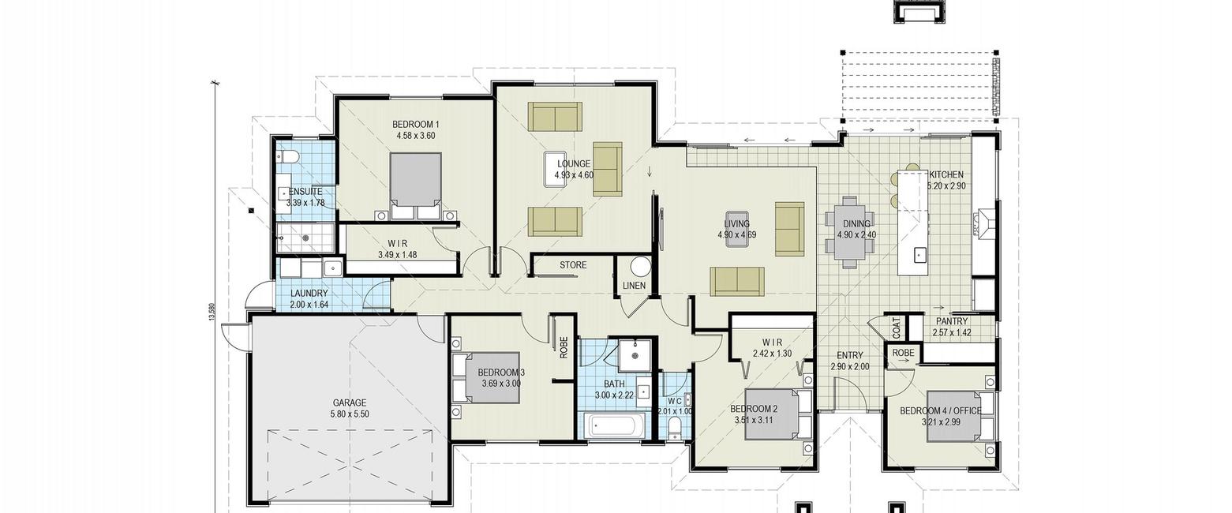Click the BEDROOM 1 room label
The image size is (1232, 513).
click(x=415, y=124)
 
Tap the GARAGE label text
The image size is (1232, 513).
click(x=350, y=403)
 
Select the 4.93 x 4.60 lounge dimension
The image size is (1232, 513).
click(x=574, y=175)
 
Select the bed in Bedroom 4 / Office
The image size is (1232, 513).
click(x=960, y=416)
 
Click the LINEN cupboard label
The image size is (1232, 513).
click(x=634, y=286)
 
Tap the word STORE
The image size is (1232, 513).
click(x=573, y=265)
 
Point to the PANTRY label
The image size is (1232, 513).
click(x=952, y=322)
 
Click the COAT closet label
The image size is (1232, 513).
click(x=896, y=328)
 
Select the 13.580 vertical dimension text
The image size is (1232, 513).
click(x=211, y=313)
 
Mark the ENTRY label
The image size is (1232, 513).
click(x=850, y=355)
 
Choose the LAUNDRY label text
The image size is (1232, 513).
click(x=309, y=294)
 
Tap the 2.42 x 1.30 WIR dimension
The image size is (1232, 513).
click(x=772, y=354)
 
